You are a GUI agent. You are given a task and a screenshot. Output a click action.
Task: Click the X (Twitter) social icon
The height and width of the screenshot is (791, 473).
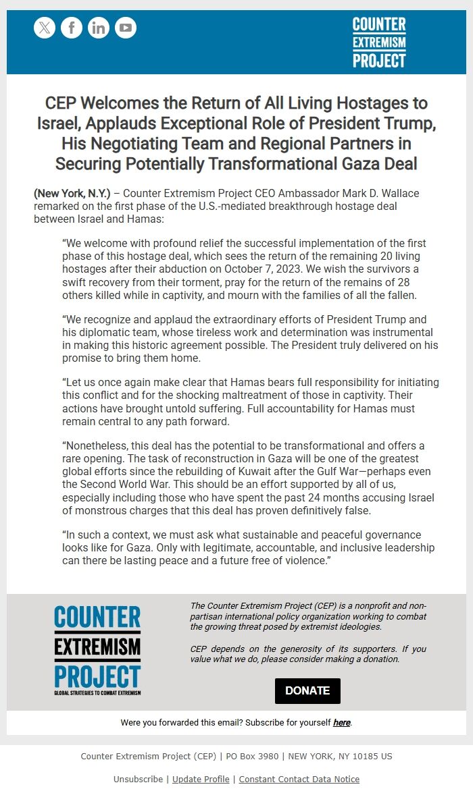[x=45, y=28]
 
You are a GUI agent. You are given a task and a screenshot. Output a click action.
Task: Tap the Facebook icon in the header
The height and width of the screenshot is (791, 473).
[x=72, y=28]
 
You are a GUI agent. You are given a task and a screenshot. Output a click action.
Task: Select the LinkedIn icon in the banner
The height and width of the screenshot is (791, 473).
[x=99, y=28]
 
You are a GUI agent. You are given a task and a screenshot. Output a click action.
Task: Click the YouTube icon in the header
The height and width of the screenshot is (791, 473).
[x=126, y=28]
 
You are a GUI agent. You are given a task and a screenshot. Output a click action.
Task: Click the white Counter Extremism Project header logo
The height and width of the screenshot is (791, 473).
[x=379, y=43]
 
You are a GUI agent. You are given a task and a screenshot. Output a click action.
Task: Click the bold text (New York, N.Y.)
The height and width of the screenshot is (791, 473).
[x=72, y=194]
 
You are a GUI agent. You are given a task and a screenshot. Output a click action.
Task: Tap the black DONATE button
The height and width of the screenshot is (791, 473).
[x=307, y=690]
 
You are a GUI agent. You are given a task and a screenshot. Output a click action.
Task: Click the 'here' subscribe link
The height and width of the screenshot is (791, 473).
[x=341, y=722]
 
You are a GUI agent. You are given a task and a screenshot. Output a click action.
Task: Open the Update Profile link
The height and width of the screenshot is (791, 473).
[x=201, y=779]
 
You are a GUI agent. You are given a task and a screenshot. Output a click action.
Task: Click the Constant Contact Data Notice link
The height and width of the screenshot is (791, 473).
[x=299, y=779]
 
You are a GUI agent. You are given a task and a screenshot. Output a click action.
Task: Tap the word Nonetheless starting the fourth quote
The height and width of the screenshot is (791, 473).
[x=94, y=445]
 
